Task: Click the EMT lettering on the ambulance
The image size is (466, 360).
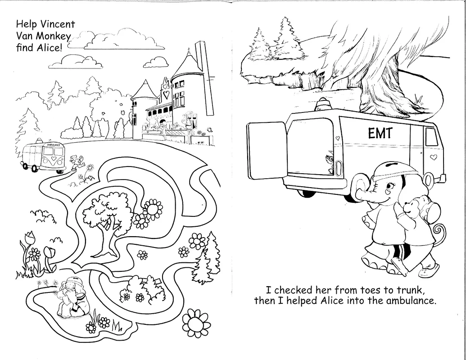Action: click(380, 133)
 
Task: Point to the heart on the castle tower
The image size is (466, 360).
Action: click(167, 95)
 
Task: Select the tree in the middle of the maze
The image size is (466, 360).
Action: click(104, 214)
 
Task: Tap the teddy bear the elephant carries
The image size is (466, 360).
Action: click(412, 207)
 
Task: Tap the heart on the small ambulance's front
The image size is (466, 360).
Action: click(53, 159)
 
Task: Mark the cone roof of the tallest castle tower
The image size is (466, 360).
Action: click(185, 63)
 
